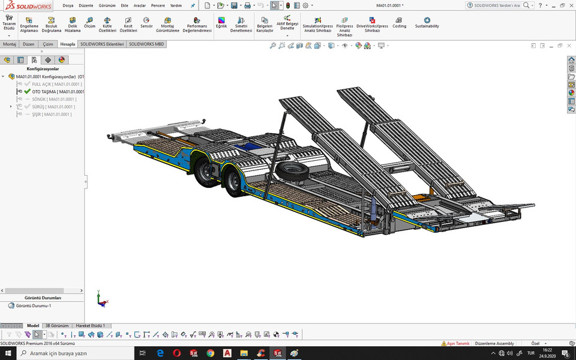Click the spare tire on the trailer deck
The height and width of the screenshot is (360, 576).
coord(292,170)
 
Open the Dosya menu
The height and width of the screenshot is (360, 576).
coord(68,5)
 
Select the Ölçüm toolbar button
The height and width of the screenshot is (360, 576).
coord(89,23)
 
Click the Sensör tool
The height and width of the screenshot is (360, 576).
coord(146,23)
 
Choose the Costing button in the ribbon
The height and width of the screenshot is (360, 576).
coord(400,23)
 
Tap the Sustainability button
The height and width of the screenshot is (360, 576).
coord(427,23)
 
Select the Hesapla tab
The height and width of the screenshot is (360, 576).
coord(68,44)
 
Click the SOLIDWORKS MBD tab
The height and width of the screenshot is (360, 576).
coord(146,44)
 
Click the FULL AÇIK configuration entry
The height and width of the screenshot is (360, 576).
coord(56,84)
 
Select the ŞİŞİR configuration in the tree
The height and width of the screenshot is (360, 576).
coord(52,114)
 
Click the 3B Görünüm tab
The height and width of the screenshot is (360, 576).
coord(57,326)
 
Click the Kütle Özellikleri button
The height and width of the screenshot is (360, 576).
coord(107,25)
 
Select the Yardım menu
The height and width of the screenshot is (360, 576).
coord(176,5)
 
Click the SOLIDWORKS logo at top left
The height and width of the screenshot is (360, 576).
coord(26,5)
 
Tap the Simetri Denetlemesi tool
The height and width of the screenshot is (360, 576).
coord(241,25)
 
